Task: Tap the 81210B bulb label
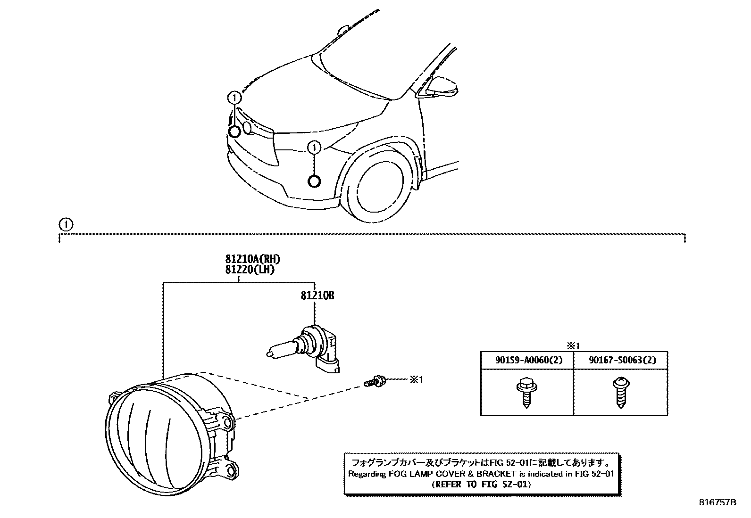tap(317, 296)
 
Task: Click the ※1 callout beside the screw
tap(416, 379)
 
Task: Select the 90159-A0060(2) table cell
tap(526, 361)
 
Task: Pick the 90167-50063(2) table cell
tap(620, 361)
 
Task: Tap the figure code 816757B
tap(718, 502)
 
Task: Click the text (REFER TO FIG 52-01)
tap(481, 484)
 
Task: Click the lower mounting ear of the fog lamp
tap(230, 469)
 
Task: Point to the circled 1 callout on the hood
tap(234, 98)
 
